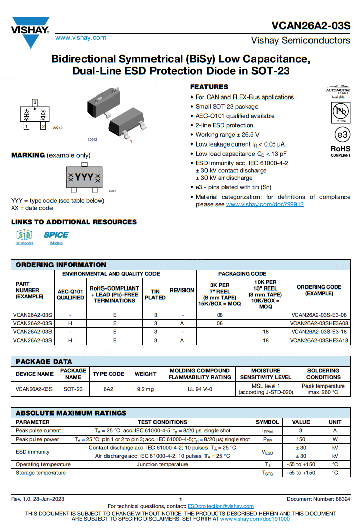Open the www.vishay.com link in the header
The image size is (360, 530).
click(x=80, y=38)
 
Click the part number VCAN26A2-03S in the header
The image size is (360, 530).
click(x=311, y=26)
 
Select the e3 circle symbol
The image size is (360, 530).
click(x=342, y=135)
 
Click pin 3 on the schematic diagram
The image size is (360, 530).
click(x=35, y=103)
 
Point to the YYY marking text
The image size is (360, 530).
click(x=84, y=177)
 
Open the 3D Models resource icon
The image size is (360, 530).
click(x=24, y=235)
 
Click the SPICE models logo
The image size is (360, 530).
click(x=56, y=235)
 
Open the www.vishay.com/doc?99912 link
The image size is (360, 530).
click(x=265, y=204)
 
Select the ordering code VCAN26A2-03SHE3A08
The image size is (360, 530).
click(x=319, y=323)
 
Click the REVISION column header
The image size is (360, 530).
click(x=182, y=291)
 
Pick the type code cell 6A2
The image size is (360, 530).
click(x=109, y=389)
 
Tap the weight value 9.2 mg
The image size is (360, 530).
click(x=145, y=389)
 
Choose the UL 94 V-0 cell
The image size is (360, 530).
click(x=199, y=389)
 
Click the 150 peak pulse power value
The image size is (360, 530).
click(x=301, y=439)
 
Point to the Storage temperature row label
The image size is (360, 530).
click(x=40, y=473)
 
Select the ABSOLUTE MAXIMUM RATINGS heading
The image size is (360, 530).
click(x=71, y=413)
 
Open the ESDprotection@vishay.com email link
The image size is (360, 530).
click(x=221, y=506)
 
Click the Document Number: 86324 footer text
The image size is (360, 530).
click(x=318, y=499)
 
